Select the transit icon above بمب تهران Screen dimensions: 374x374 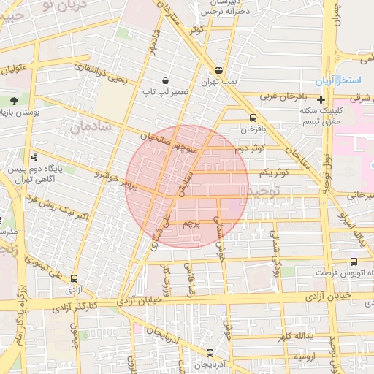(219, 70)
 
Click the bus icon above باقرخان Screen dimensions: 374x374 (253, 118)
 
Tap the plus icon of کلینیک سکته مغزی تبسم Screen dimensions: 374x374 (321, 99)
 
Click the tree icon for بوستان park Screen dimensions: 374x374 (14, 100)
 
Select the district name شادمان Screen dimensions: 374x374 (90, 127)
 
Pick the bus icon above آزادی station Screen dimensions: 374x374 (74, 278)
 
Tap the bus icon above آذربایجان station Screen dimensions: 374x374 (210, 354)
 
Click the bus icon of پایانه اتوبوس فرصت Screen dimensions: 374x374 (354, 262)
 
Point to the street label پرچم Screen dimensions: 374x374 (188, 221)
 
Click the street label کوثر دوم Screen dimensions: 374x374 (249, 149)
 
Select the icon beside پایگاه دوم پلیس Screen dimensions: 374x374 (34, 157)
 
